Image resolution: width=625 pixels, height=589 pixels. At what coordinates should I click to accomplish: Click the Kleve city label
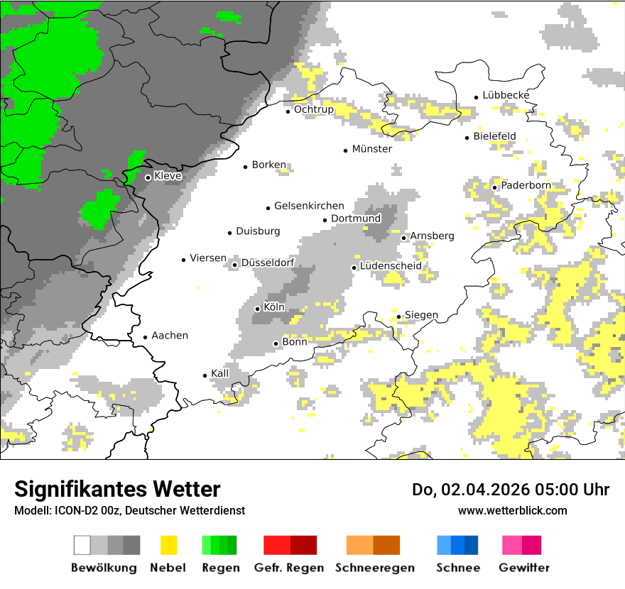click(x=168, y=176)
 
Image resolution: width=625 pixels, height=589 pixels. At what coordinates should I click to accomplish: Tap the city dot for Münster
click(x=346, y=150)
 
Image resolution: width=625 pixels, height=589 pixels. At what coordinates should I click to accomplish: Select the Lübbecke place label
click(x=506, y=95)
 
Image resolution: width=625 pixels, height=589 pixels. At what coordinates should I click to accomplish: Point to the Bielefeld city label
click(x=494, y=136)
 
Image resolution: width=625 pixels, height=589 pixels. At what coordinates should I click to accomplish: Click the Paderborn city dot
click(x=495, y=187)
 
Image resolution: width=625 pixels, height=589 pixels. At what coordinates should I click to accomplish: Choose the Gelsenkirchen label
click(x=309, y=206)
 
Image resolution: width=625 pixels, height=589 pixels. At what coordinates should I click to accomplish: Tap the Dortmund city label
click(x=356, y=219)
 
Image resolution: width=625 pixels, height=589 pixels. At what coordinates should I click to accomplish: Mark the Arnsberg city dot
click(x=403, y=238)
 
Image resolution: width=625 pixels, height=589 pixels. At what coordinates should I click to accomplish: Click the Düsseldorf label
click(x=268, y=263)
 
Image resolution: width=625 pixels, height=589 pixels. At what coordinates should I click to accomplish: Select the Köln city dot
click(x=257, y=309)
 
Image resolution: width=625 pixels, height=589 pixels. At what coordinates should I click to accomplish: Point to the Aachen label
click(x=170, y=336)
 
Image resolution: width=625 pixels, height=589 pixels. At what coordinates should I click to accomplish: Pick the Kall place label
click(x=220, y=373)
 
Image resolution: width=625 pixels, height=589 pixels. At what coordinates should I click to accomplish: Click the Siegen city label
click(x=421, y=315)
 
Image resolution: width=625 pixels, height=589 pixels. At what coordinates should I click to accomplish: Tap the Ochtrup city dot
click(x=288, y=111)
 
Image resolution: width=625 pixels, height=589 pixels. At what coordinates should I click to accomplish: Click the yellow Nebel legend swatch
click(x=169, y=545)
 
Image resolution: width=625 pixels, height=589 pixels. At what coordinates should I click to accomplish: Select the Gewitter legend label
click(x=524, y=568)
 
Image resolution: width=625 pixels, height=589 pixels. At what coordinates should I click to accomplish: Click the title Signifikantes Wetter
click(x=117, y=489)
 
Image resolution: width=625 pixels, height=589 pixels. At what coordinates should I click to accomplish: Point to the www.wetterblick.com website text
click(x=512, y=510)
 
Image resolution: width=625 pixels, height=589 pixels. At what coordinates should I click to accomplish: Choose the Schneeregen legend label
click(x=374, y=568)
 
